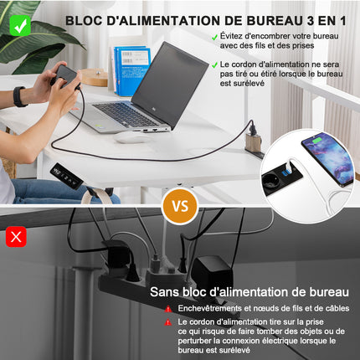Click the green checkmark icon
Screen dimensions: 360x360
(18, 25)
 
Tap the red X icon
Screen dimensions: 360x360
(16, 237)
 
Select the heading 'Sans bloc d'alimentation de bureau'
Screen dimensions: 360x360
(249, 291)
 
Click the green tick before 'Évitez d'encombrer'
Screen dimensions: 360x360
(215, 37)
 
